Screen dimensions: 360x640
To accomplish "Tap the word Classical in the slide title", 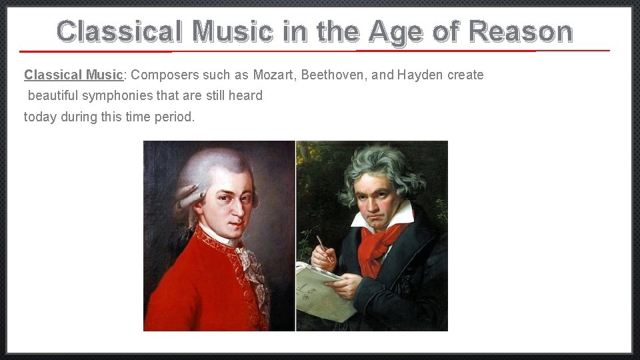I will coord(119,31).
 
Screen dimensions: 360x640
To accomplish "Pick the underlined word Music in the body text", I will coord(105,75).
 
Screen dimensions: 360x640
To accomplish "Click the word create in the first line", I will coord(465,75).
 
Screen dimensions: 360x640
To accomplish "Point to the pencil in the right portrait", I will coord(324,247).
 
